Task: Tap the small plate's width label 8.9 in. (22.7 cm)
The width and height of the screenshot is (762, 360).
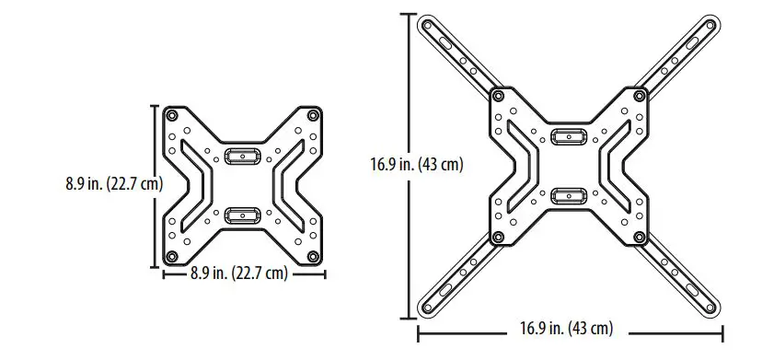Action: [238, 273]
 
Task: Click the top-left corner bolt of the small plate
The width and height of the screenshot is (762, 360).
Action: [172, 115]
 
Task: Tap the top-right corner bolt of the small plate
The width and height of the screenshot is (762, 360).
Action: [312, 115]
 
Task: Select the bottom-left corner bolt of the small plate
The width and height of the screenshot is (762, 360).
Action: [172, 255]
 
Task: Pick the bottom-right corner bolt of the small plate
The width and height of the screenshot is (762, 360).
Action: [312, 255]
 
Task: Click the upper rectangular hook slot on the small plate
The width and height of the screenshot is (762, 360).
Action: [242, 153]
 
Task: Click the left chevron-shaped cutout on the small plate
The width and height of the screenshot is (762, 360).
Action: [195, 184]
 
